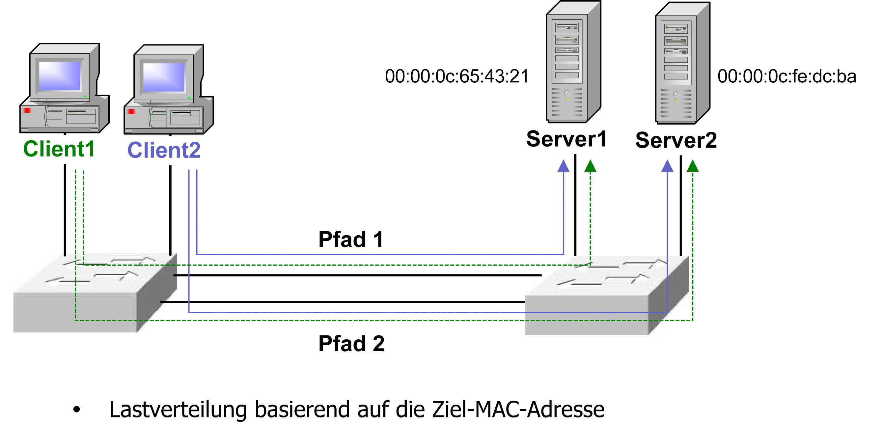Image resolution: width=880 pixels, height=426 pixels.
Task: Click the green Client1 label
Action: (x=59, y=149)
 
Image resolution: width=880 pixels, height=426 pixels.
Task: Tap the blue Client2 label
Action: (x=164, y=150)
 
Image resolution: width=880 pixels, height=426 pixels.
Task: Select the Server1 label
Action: (x=566, y=139)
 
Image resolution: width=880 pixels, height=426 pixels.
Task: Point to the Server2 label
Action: (x=676, y=140)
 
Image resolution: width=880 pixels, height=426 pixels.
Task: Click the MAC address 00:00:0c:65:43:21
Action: (x=457, y=76)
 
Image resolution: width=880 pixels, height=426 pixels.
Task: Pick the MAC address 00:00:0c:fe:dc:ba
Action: (x=787, y=76)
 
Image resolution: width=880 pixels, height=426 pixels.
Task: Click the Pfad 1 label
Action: (x=351, y=240)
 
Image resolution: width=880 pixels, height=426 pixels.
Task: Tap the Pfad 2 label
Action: (x=351, y=344)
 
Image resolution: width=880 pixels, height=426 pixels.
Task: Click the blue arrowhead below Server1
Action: (x=563, y=166)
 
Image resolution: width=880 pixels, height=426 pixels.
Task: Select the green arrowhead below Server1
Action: (x=590, y=166)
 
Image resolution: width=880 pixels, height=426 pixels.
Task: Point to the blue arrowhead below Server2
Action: (x=667, y=166)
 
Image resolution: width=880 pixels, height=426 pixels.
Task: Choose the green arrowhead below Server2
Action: (x=693, y=166)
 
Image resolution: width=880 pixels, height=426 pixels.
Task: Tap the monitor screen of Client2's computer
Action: (x=164, y=77)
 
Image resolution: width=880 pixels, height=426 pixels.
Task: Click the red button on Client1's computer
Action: (x=27, y=110)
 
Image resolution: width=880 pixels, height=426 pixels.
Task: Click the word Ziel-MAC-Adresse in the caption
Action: (x=518, y=410)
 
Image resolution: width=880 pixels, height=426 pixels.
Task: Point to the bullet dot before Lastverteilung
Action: (x=76, y=409)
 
